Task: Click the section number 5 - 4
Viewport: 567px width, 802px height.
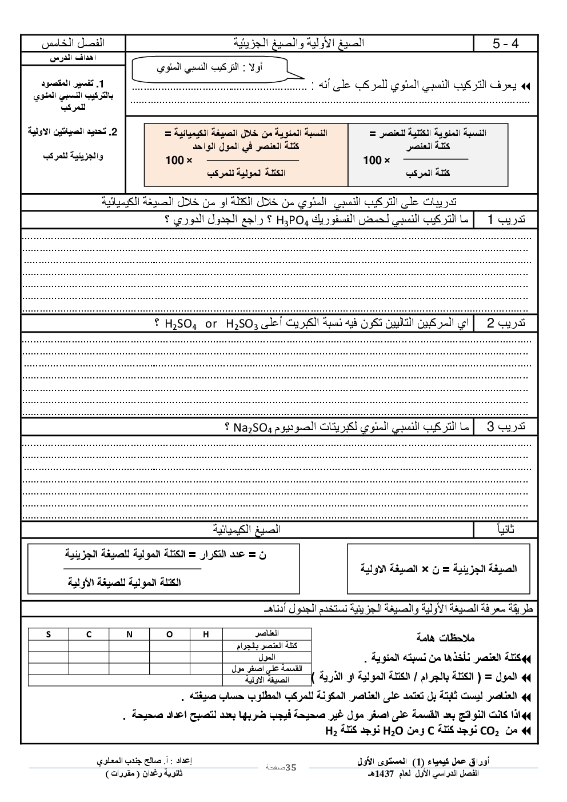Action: [x=505, y=43]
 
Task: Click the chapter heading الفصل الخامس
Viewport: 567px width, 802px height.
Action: [x=74, y=43]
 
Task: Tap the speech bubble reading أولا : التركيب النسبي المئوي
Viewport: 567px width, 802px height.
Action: [x=210, y=69]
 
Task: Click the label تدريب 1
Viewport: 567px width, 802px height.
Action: [x=506, y=220]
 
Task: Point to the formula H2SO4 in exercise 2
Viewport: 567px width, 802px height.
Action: [x=181, y=325]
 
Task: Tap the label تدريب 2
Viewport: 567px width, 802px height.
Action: [x=506, y=324]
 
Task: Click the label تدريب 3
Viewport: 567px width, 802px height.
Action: [x=506, y=427]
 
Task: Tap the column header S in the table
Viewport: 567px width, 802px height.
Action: [x=49, y=634]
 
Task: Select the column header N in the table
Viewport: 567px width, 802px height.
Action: [x=129, y=634]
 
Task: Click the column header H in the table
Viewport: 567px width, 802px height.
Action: [x=206, y=634]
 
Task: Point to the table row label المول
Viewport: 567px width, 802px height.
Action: [x=267, y=657]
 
